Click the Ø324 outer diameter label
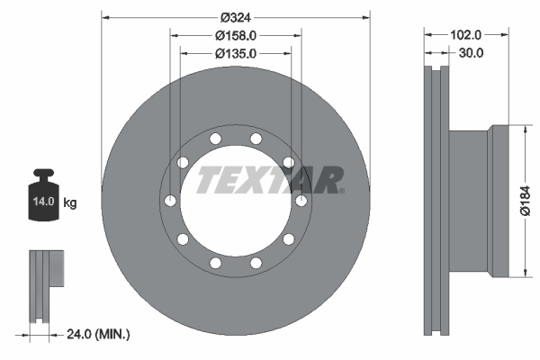click(236, 15)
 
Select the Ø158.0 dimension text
click(236, 35)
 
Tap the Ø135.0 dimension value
click(236, 54)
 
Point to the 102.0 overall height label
click(465, 34)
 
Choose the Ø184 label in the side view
click(529, 202)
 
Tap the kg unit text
click(69, 203)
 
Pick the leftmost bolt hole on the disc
click(170, 200)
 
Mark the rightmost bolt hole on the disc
click(301, 200)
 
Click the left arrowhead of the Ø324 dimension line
click(105, 15)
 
